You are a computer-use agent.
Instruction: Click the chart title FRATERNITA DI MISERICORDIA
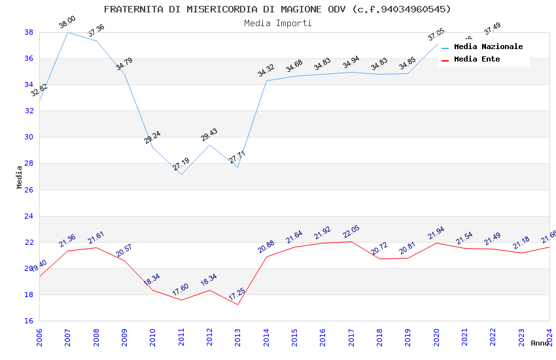tap(277, 9)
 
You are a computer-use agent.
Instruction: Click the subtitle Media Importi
tap(277, 23)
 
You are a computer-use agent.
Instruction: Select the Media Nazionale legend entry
tap(488, 47)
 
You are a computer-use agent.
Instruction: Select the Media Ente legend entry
tap(477, 60)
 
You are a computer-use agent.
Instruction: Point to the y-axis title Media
tap(20, 177)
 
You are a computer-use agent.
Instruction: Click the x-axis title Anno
tap(540, 343)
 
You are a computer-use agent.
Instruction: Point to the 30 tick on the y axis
tap(29, 137)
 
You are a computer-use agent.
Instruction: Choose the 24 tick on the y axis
tap(29, 216)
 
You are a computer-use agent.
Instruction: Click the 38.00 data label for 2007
tap(67, 22)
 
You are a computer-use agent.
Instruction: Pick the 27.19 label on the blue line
tap(181, 164)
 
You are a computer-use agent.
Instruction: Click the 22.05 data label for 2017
tap(351, 232)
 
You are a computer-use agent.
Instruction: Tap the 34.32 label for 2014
tap(266, 71)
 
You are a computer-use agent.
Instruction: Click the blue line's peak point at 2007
tap(67, 32)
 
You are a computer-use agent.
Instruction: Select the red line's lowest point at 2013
tap(237, 304)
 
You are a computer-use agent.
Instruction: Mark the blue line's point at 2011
tap(181, 174)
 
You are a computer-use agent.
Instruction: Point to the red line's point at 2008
tap(96, 247)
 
